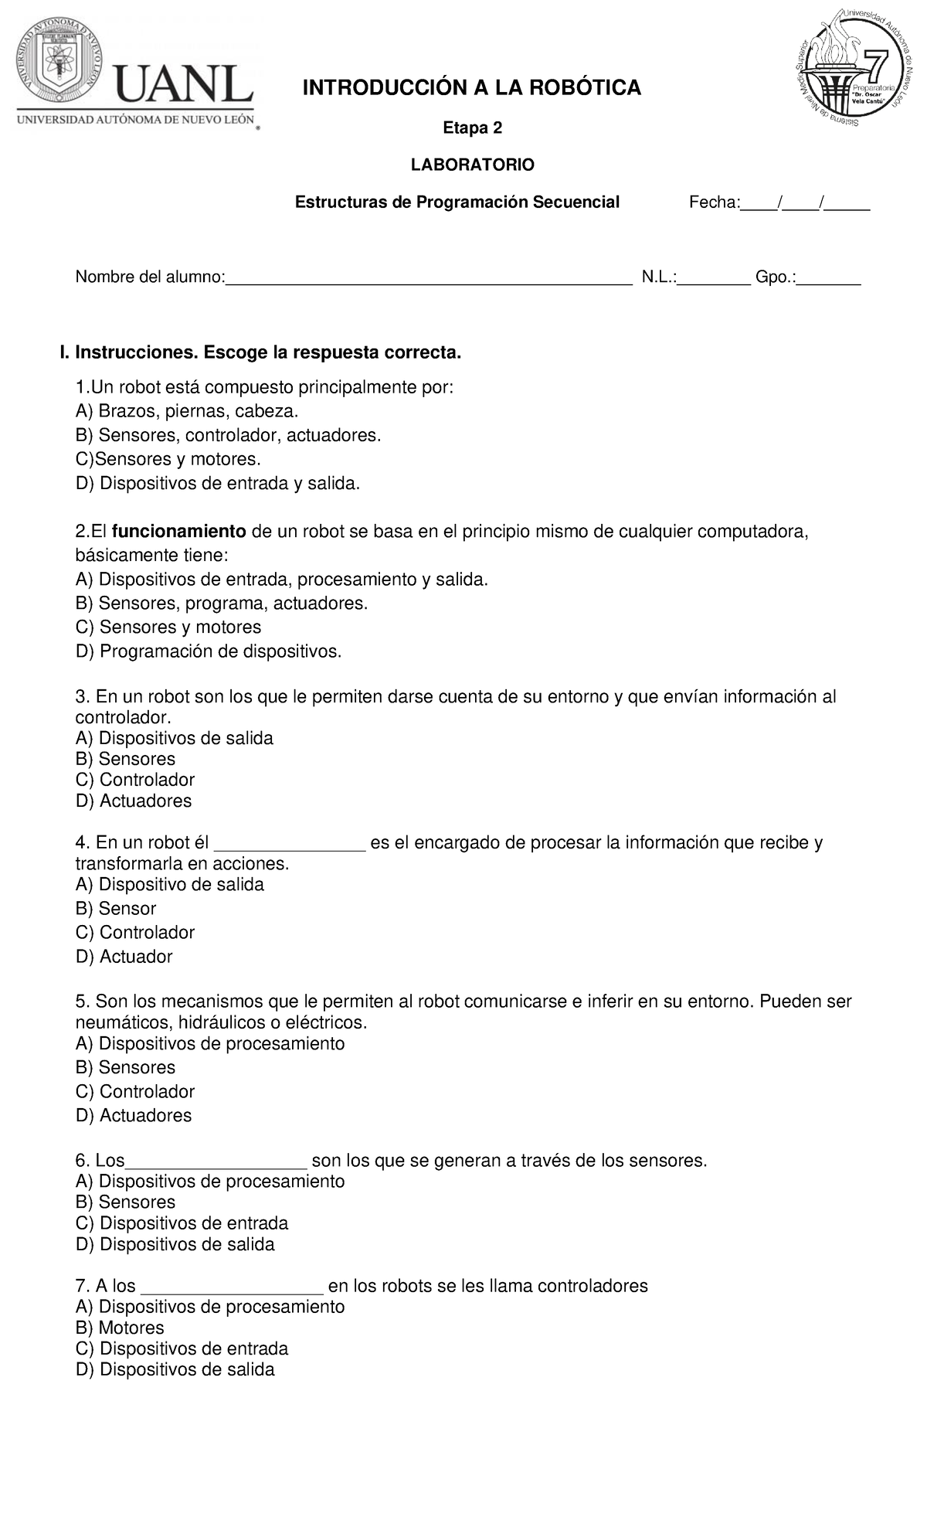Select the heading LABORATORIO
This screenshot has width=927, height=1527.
click(472, 165)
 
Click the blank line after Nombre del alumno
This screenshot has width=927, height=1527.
click(428, 278)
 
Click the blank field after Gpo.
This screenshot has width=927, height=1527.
click(829, 278)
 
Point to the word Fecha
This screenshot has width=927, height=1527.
click(713, 202)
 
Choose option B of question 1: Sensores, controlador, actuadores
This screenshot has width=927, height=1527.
click(229, 436)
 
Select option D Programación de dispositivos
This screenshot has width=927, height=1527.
click(209, 651)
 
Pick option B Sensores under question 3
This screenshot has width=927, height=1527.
click(126, 759)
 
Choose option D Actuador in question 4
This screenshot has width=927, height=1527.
click(124, 957)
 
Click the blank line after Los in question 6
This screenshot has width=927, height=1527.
click(216, 1161)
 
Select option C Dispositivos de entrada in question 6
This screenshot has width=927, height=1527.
click(182, 1223)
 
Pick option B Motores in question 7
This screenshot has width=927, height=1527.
click(121, 1328)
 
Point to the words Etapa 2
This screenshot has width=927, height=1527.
click(472, 128)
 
